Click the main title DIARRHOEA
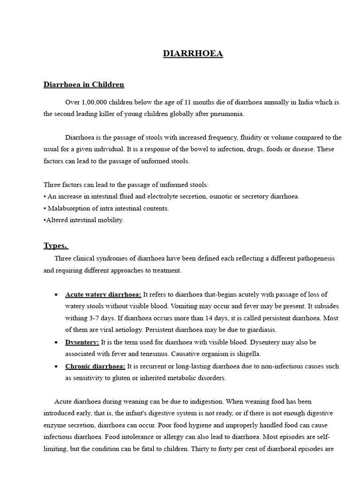click(193, 54)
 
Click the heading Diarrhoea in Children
click(84, 85)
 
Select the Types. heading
click(56, 246)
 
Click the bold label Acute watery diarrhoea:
click(103, 294)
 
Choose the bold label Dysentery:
click(82, 342)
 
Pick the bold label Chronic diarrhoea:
click(95, 366)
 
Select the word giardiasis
click(259, 330)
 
